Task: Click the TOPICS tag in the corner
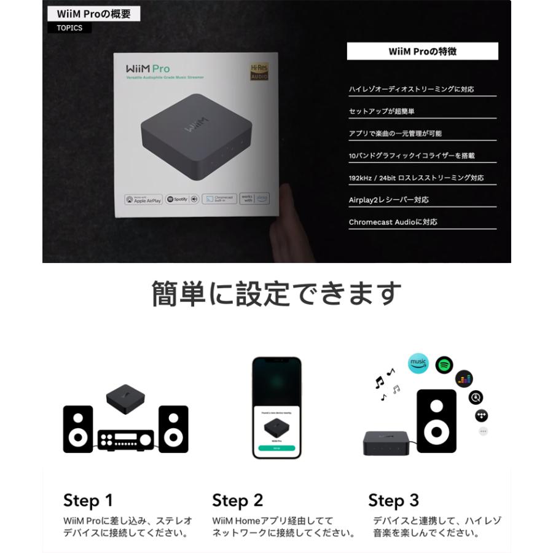[69, 28]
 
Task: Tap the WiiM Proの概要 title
[93, 14]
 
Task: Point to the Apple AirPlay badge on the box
[144, 199]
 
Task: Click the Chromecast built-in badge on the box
[219, 199]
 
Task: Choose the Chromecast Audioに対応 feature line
[393, 222]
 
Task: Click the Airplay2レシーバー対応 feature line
[389, 200]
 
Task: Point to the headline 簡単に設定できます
[276, 294]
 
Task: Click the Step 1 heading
[88, 500]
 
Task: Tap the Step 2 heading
[237, 500]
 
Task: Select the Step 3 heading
[393, 500]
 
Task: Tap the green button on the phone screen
[276, 449]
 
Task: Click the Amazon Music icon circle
[418, 363]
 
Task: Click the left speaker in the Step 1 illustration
[78, 429]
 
